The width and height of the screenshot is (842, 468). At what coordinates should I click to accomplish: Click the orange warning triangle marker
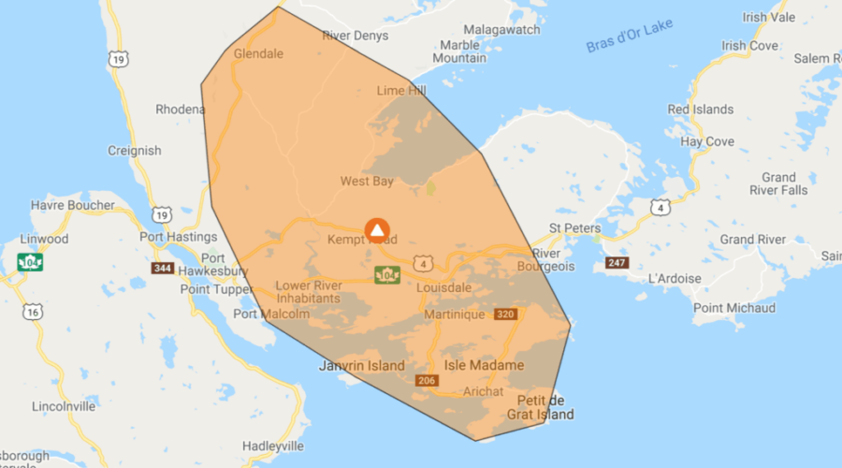click(377, 229)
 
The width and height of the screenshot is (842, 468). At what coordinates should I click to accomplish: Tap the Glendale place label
click(258, 53)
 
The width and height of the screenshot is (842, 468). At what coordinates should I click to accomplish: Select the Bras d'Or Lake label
click(631, 41)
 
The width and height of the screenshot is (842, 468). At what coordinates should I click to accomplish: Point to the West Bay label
click(367, 181)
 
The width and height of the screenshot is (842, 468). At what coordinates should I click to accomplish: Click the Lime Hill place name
click(400, 91)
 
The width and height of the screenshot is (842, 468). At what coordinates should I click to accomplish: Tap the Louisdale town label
click(444, 288)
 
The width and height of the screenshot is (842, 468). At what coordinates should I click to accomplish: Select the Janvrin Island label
click(362, 366)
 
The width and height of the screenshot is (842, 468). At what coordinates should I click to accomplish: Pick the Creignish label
click(134, 151)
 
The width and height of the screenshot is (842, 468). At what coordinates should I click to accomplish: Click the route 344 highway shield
click(163, 269)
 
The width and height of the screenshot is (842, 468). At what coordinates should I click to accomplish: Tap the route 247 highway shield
click(617, 263)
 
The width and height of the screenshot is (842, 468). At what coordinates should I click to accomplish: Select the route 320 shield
click(506, 314)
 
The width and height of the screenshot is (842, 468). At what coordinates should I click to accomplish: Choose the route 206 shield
click(427, 380)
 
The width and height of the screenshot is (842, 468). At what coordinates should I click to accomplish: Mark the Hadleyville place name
click(274, 446)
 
